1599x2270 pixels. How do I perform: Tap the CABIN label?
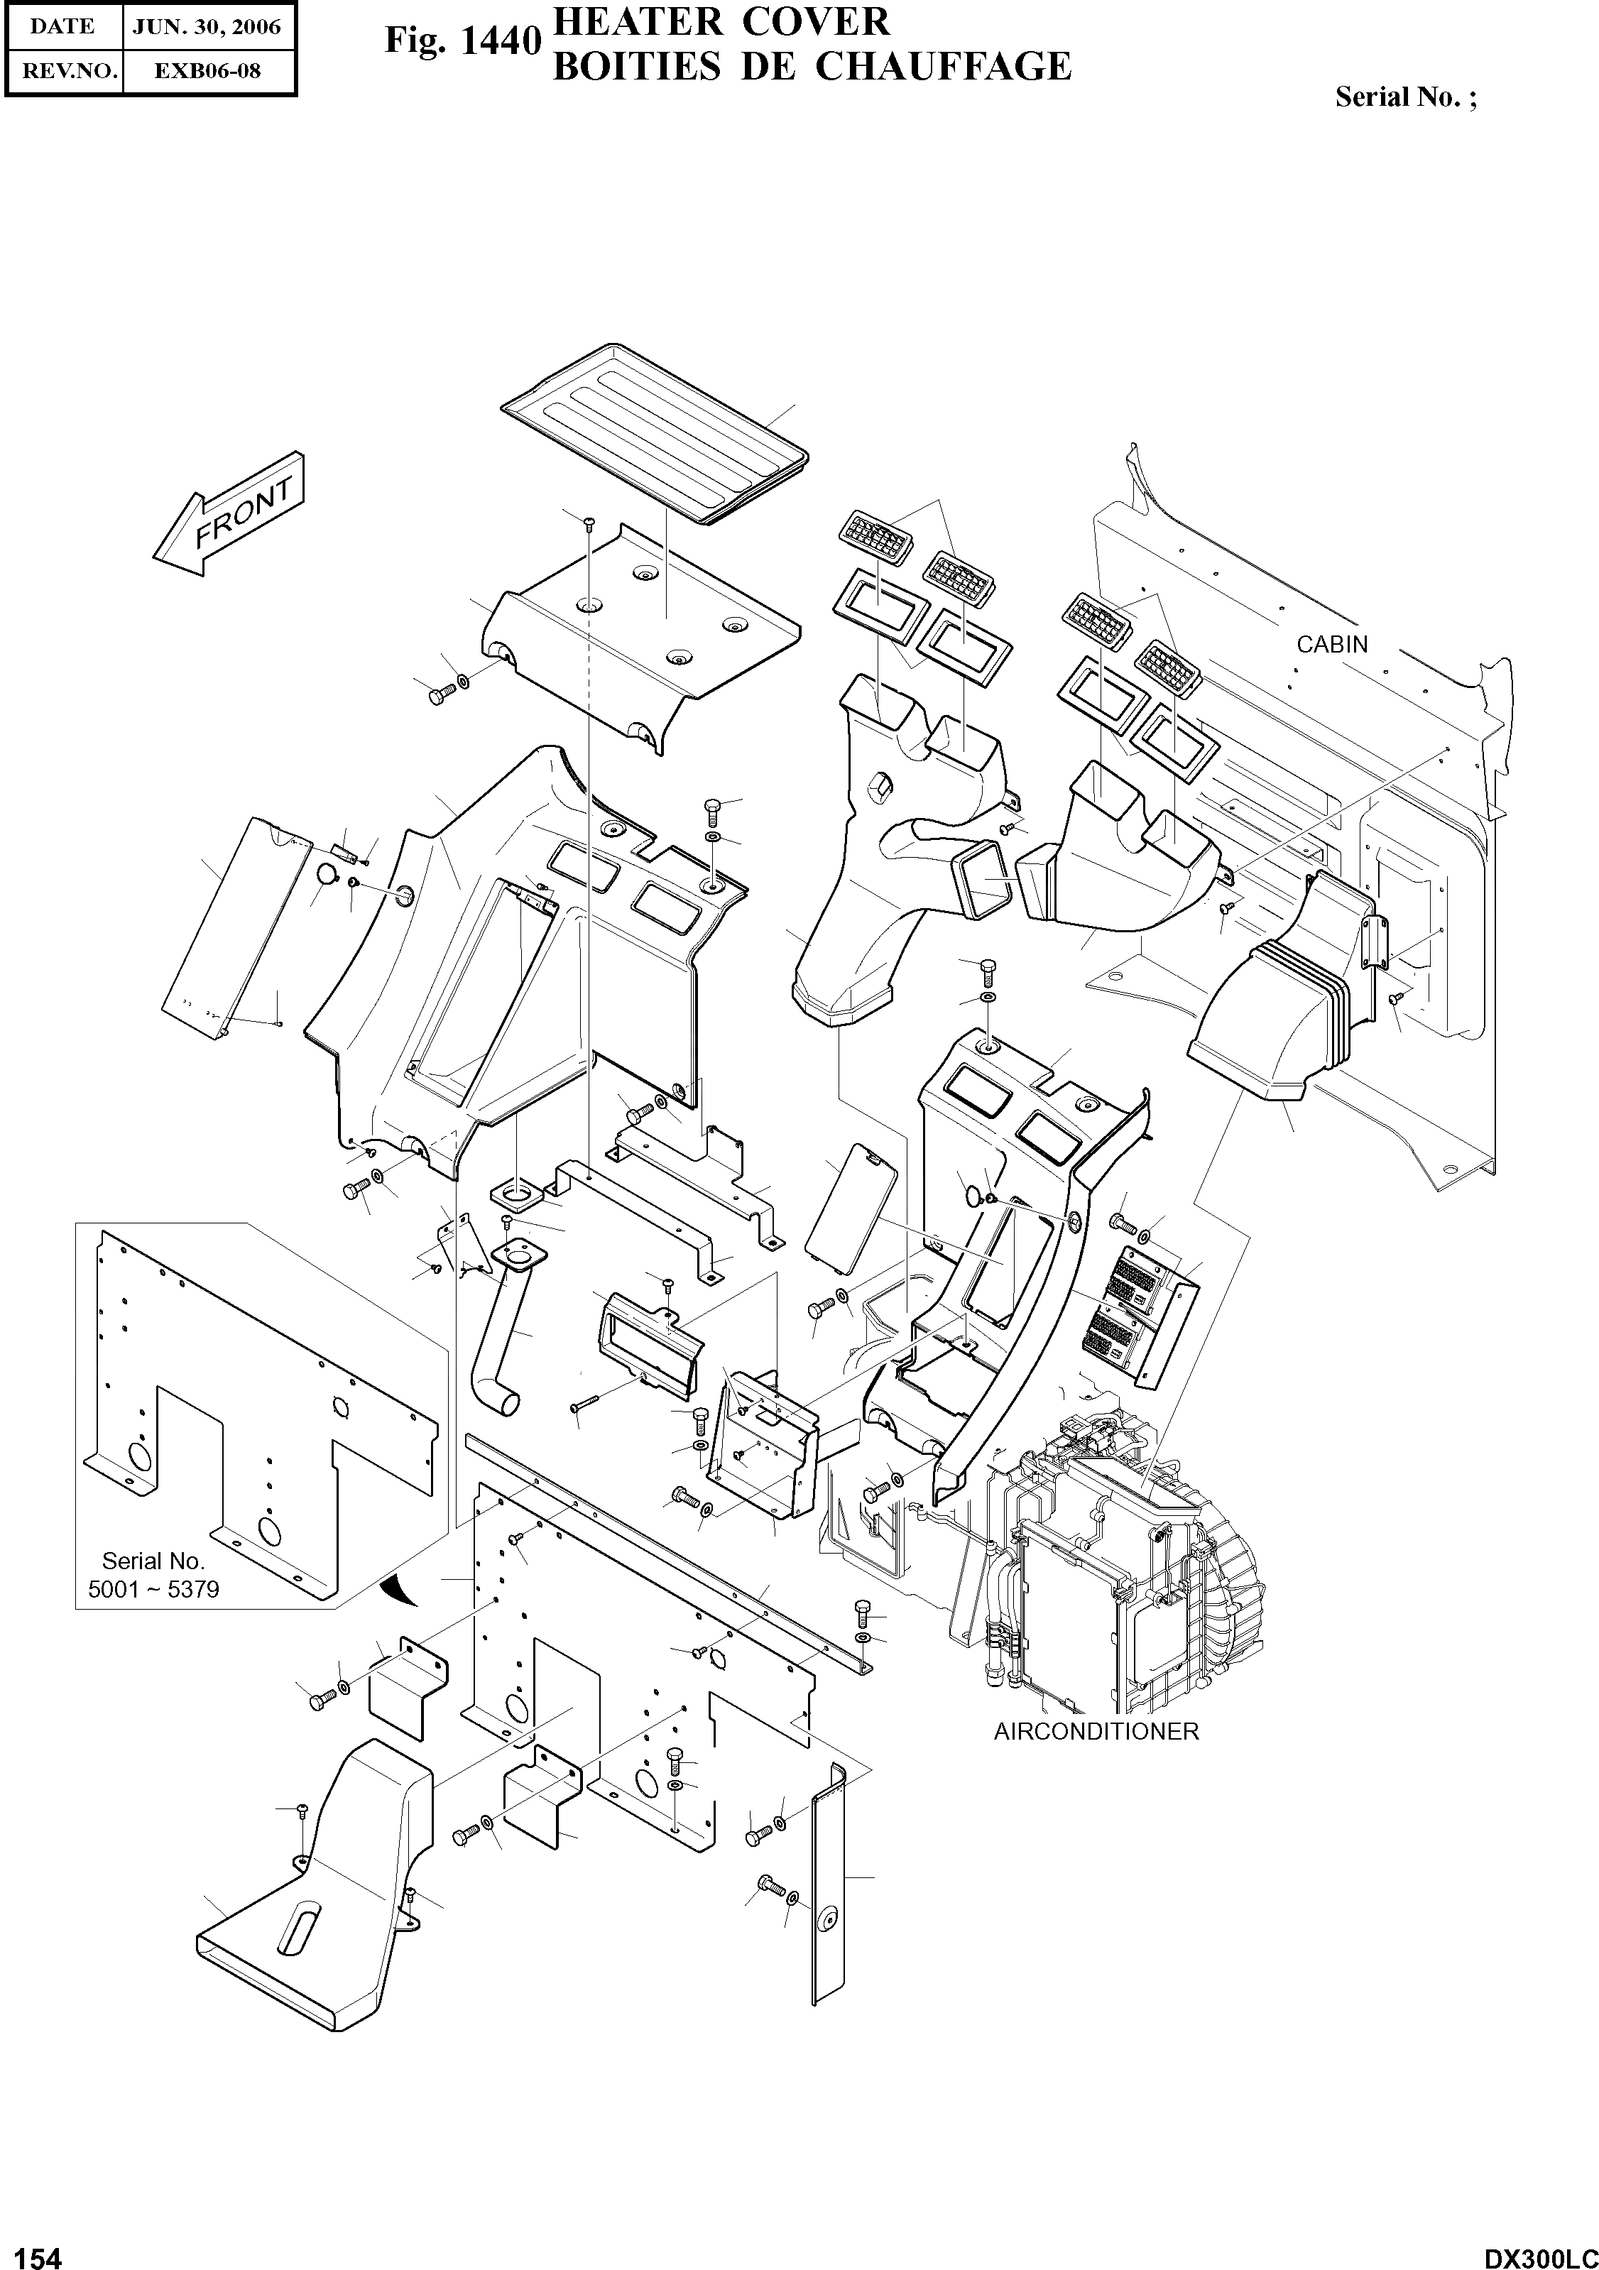[1331, 645]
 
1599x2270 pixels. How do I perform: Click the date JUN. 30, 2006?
[207, 27]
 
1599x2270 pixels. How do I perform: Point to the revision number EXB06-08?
[207, 71]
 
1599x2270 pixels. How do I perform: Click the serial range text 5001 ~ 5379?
[153, 1590]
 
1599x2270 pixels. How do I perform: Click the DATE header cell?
[62, 27]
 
